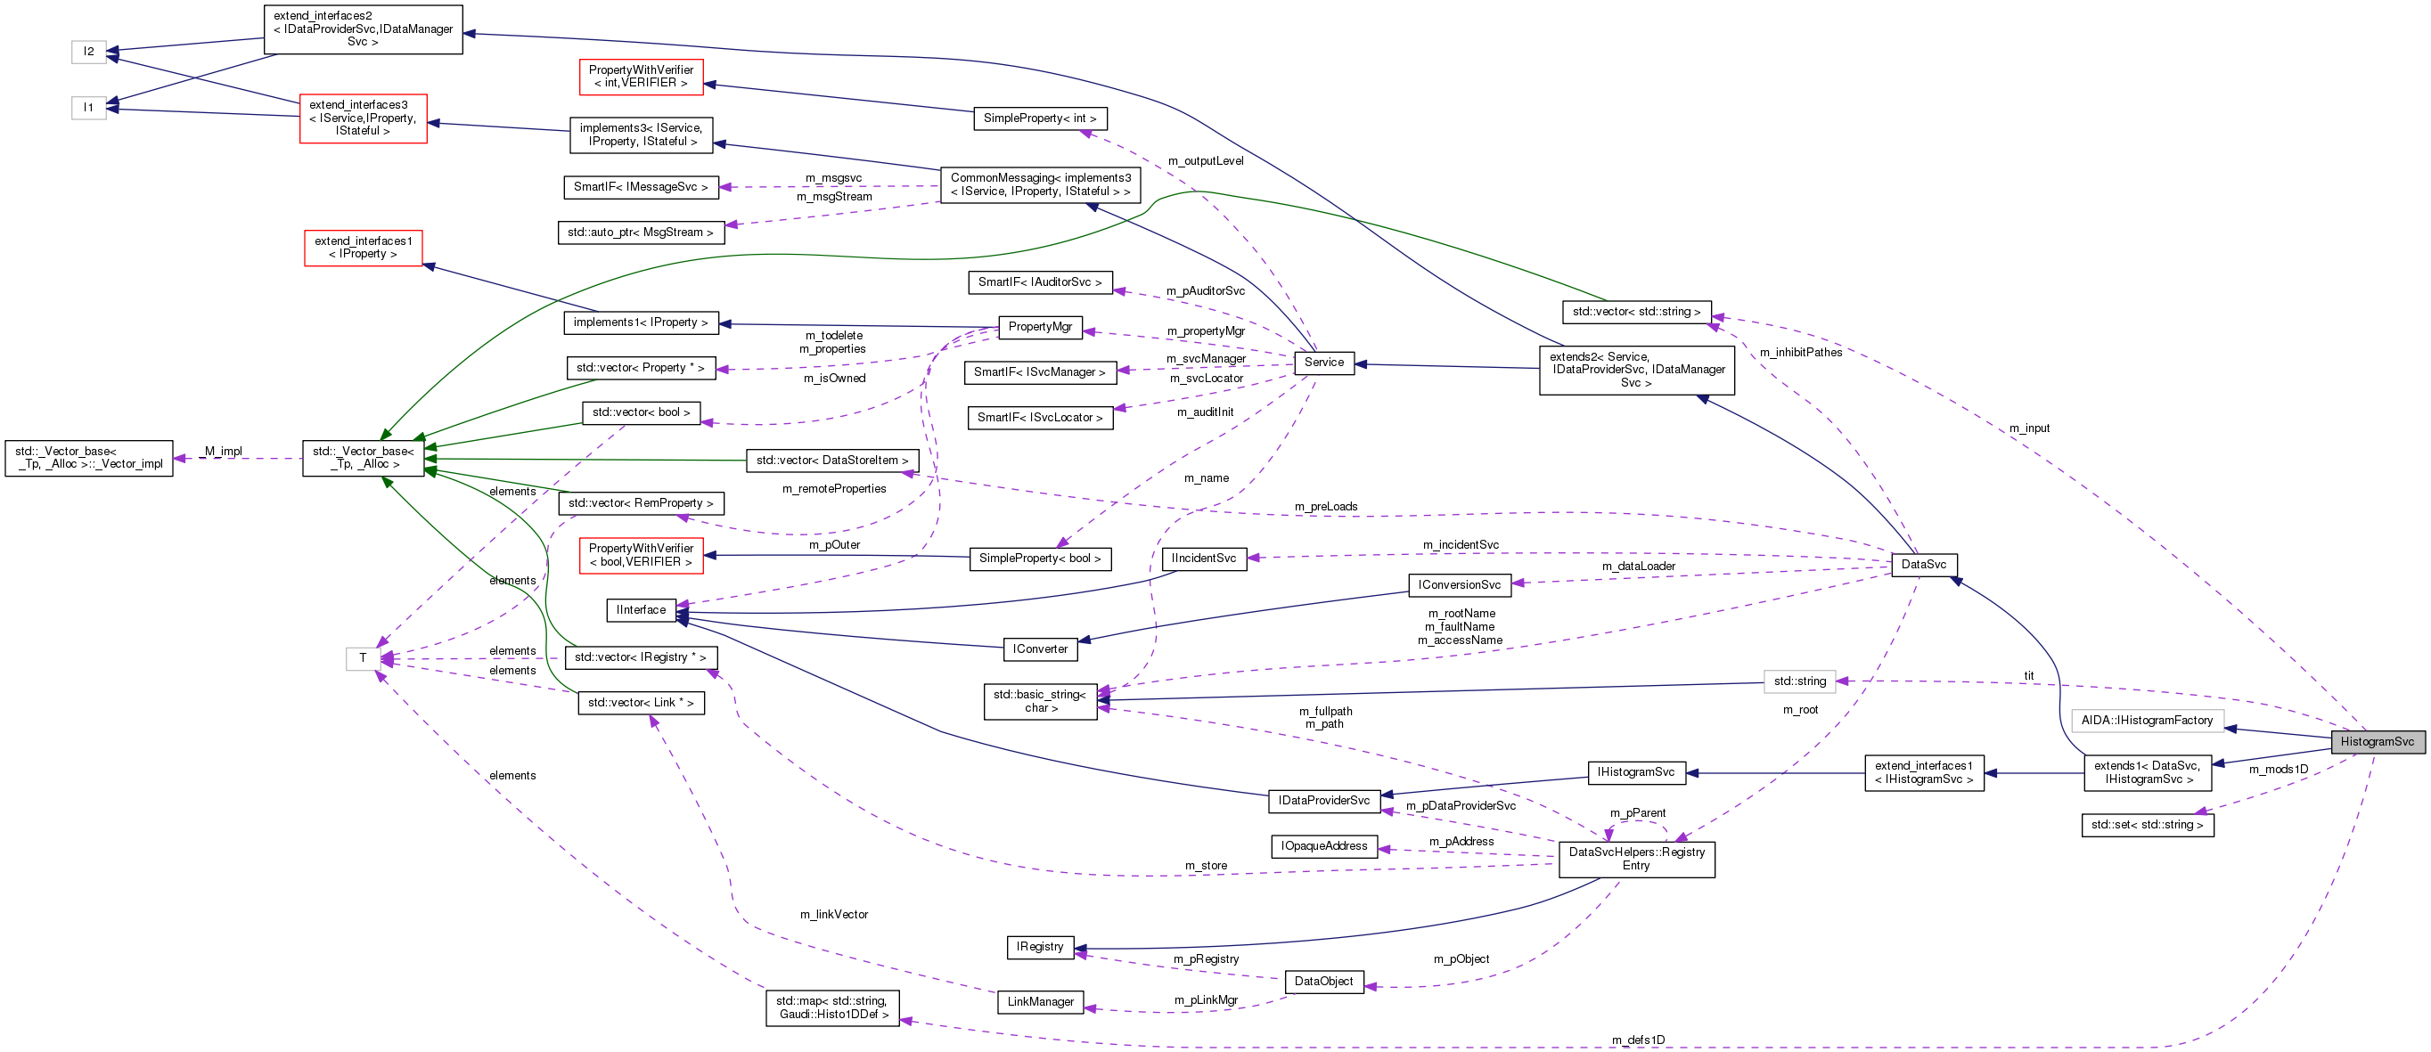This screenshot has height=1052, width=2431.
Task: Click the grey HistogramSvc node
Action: [x=2377, y=742]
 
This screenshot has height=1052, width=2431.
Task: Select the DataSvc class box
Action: [x=1923, y=564]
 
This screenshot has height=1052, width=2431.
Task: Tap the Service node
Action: [x=1323, y=363]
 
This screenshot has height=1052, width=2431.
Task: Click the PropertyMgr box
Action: [x=1039, y=326]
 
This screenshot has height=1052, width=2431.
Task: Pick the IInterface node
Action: [x=641, y=610]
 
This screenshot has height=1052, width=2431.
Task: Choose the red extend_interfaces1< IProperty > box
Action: [x=363, y=249]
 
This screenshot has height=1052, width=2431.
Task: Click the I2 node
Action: [x=89, y=52]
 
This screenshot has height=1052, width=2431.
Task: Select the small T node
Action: [x=363, y=658]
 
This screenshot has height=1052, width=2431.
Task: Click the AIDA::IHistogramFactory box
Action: [x=2146, y=721]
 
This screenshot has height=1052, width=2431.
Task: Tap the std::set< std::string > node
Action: [x=2146, y=825]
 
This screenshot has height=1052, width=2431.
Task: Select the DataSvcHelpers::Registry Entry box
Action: [x=1635, y=859]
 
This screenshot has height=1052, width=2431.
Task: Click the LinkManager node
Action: [x=1040, y=1002]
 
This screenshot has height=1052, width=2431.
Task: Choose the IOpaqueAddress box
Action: [x=1323, y=846]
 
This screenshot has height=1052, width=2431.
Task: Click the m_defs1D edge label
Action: [x=1637, y=1040]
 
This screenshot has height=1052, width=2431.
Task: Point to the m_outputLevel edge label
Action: [x=1205, y=161]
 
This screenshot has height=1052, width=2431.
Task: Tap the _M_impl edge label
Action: [x=223, y=451]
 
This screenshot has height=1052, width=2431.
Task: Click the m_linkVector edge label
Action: [x=833, y=914]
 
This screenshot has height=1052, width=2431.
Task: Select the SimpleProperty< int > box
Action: [x=1039, y=118]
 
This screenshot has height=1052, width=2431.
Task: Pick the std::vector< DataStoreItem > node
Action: [x=831, y=461]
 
